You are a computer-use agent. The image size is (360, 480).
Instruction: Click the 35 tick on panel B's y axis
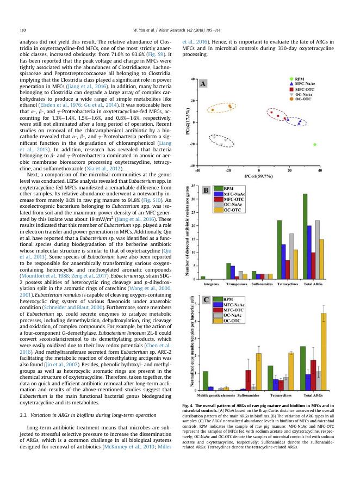(194, 186)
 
